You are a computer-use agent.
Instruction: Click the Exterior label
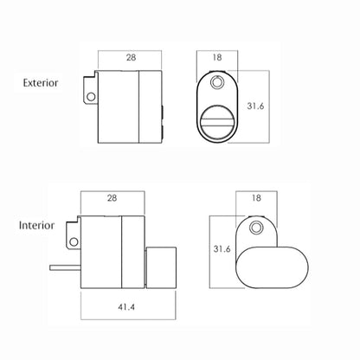point(41,83)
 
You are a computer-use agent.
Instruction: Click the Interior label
point(36,225)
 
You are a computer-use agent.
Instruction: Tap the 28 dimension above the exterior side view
point(131,57)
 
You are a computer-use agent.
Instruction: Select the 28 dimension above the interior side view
point(112,198)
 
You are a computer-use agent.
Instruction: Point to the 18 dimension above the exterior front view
point(217,57)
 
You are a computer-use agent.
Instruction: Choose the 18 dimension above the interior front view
point(256,198)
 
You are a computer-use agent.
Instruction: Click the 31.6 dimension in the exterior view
point(255,106)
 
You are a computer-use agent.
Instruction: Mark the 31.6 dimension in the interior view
point(222,248)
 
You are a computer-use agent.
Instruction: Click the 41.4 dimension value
point(126,307)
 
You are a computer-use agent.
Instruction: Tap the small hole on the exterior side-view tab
point(91,96)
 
